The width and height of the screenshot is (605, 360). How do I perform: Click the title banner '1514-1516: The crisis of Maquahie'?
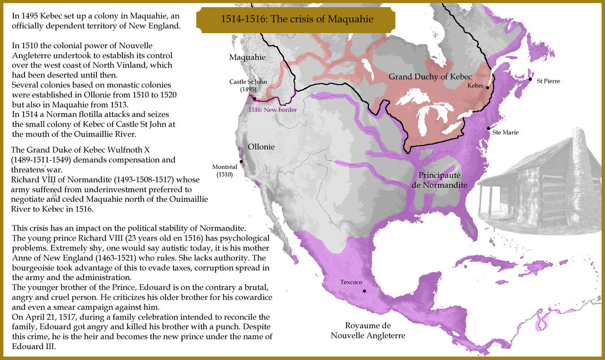tap(297, 19)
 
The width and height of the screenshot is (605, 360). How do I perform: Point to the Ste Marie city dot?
tap(488, 129)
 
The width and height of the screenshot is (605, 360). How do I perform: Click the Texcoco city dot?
tap(364, 291)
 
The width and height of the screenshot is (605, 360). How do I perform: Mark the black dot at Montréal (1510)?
tap(242, 162)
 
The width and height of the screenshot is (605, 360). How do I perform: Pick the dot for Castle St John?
tap(254, 99)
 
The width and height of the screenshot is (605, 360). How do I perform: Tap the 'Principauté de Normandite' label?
tap(440, 180)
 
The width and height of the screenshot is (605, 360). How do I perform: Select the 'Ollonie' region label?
tap(261, 146)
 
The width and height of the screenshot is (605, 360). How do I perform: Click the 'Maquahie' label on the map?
tap(248, 57)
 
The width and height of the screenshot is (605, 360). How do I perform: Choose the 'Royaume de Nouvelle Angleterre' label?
tap(368, 331)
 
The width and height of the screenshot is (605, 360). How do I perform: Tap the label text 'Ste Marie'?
tap(505, 132)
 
